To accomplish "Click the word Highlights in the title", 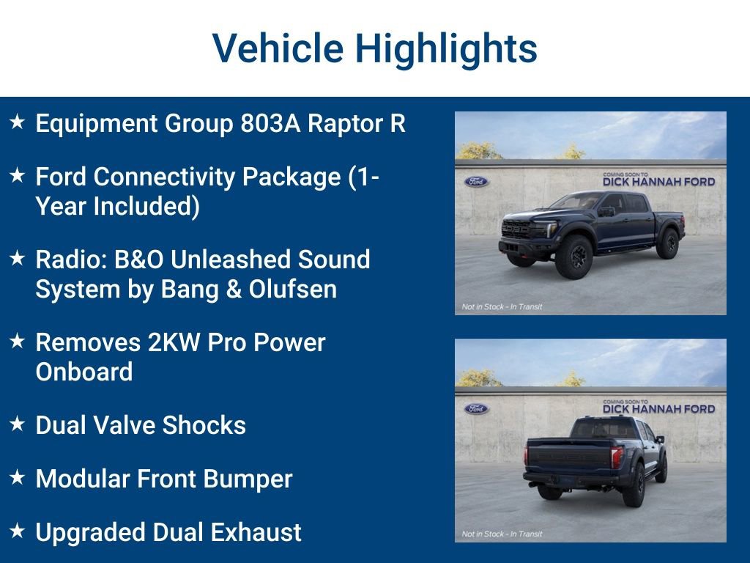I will pos(446,49).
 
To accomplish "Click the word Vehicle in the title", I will pos(278,49).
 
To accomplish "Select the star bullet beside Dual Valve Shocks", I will pos(18,424).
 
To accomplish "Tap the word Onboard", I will pos(84,372).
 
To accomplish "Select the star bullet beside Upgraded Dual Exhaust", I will pos(18,531).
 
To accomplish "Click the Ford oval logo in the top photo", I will pos(476,181).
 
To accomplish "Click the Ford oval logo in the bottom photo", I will pos(476,408).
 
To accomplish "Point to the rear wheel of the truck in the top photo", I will pos(667,243).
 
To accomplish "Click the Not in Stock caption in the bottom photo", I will pos(502,534).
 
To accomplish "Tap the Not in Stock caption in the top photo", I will pos(502,306).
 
